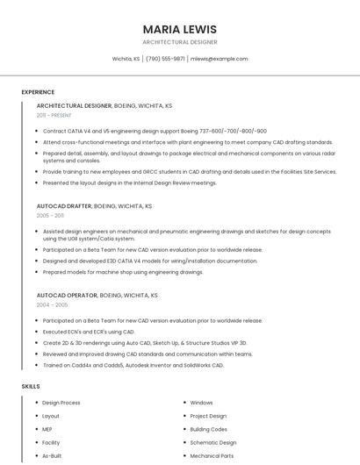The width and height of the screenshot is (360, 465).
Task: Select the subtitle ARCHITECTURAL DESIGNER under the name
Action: click(179, 41)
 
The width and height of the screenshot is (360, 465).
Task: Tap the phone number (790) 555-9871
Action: click(165, 59)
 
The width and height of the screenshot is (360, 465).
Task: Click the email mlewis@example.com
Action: click(220, 59)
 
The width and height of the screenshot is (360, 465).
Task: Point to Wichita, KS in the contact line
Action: click(126, 59)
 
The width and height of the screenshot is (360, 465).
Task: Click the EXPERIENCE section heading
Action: click(38, 91)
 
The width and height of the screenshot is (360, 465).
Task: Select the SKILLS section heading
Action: click(31, 386)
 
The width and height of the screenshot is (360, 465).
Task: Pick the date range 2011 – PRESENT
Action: click(54, 115)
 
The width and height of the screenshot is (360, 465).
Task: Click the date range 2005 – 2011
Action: click(50, 215)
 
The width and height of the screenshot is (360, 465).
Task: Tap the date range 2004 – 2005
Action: click(52, 304)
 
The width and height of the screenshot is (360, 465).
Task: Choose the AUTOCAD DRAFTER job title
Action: click(64, 206)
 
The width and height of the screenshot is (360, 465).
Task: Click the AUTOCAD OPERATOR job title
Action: click(67, 296)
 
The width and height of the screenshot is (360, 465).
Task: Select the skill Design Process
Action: click(61, 403)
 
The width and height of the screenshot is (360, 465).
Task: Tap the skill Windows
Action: click(201, 403)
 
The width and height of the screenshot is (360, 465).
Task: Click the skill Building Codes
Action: click(208, 430)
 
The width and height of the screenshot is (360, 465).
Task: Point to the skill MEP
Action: click(47, 430)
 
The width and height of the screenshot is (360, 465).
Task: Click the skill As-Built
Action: click(51, 456)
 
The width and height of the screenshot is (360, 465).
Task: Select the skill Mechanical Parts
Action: click(212, 456)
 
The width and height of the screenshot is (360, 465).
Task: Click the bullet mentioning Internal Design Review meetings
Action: click(129, 182)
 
